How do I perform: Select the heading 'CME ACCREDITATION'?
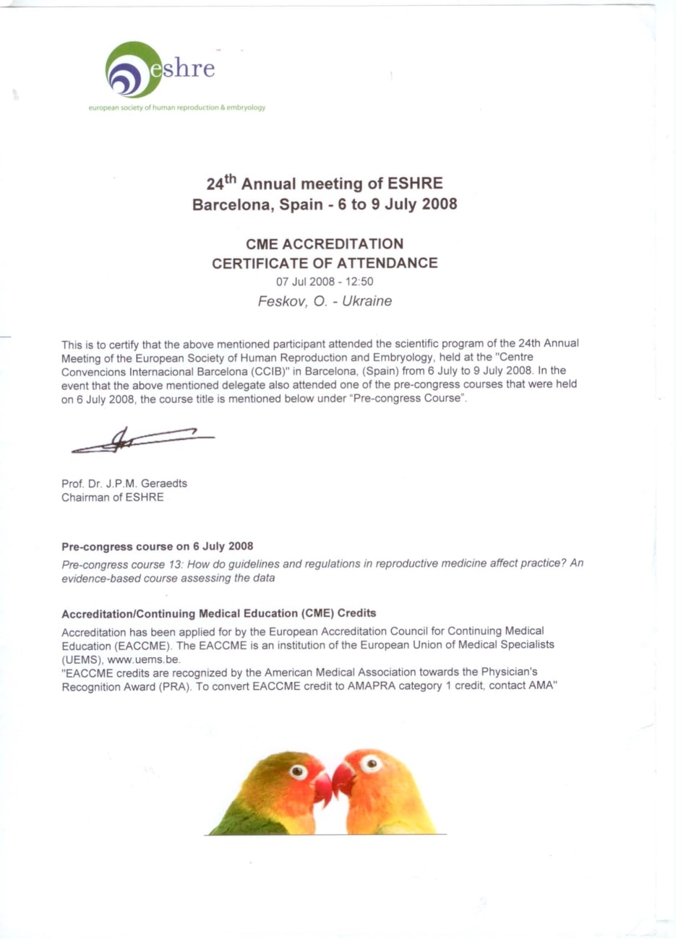325,244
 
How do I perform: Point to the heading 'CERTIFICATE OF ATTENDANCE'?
325,263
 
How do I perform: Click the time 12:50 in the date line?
359,282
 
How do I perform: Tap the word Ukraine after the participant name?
367,301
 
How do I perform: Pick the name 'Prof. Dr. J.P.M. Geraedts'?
124,483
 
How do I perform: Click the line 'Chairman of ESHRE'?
113,497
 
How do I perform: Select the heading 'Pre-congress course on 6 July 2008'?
158,546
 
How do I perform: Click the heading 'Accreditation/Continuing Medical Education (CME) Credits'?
219,613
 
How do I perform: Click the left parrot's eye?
299,772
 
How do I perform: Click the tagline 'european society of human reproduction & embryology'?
176,108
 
